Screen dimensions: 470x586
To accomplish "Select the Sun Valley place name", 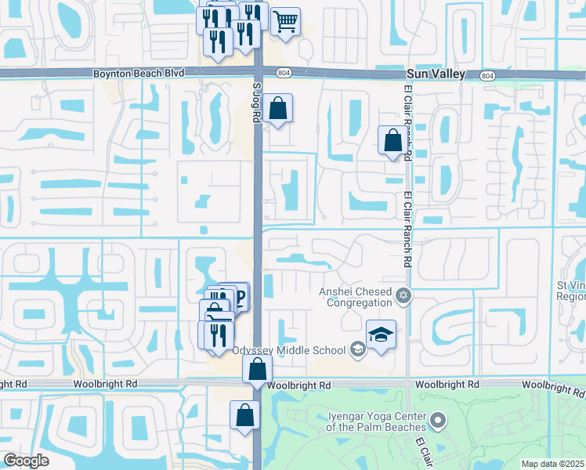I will (x=436, y=74).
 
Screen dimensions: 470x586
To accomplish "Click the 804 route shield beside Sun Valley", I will (x=488, y=75).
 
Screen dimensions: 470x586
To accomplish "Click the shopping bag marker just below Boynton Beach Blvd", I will (x=278, y=108).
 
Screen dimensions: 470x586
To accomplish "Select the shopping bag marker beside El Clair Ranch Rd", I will (x=392, y=141).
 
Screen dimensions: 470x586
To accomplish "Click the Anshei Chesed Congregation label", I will (x=355, y=297).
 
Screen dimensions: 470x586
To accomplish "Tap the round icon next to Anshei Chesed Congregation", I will (x=403, y=295).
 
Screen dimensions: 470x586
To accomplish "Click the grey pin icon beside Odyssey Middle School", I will (x=358, y=349).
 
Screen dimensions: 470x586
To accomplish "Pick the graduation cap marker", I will (x=381, y=335).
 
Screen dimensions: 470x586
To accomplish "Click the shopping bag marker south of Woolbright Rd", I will (x=244, y=414).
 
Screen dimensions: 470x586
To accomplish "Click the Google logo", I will (x=26, y=461).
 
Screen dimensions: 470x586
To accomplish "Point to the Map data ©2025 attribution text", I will (x=552, y=464).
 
